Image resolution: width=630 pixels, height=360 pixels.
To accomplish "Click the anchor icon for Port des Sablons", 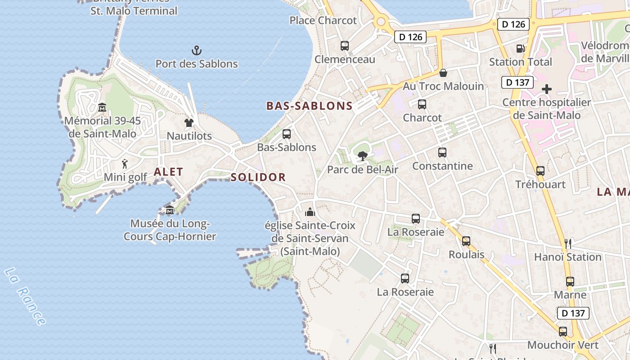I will pos(197,50).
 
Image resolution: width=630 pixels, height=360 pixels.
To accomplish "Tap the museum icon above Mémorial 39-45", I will pos(102,107).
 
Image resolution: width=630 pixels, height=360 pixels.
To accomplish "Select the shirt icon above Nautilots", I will pos(189,122).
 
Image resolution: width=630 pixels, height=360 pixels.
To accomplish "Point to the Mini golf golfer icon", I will pos(125,164).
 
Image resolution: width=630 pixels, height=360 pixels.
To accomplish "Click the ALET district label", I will pos(168,171).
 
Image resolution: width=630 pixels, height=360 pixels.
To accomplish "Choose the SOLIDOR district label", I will pos(258,177).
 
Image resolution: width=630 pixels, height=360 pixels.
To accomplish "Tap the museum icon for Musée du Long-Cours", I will pos(170,210).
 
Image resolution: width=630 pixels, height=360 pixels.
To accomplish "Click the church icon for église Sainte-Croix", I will pos(310,212).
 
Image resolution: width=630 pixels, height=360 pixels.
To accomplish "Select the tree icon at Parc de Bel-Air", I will pos(362,156).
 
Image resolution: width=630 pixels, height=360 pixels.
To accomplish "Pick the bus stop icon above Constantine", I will pos(442,153).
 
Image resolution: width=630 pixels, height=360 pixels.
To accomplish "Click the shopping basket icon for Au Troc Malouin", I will pos(443,72).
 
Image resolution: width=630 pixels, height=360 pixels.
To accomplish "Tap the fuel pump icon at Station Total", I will pos(521,48).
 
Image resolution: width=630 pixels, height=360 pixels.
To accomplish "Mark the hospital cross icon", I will pos(547,89).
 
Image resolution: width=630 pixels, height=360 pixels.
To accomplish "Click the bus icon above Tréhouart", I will pos(540,171).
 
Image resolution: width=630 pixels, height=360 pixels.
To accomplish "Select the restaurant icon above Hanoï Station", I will pos(568,244).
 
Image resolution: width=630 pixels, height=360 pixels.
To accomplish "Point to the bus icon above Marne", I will pos(570,282).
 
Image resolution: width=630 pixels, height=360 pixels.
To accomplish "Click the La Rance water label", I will pos(25,296).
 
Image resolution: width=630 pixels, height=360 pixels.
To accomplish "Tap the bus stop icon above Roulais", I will pos(466,241).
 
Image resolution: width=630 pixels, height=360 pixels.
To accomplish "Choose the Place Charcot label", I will pos(323,20).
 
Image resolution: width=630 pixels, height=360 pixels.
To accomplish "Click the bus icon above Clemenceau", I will pos(345,46).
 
